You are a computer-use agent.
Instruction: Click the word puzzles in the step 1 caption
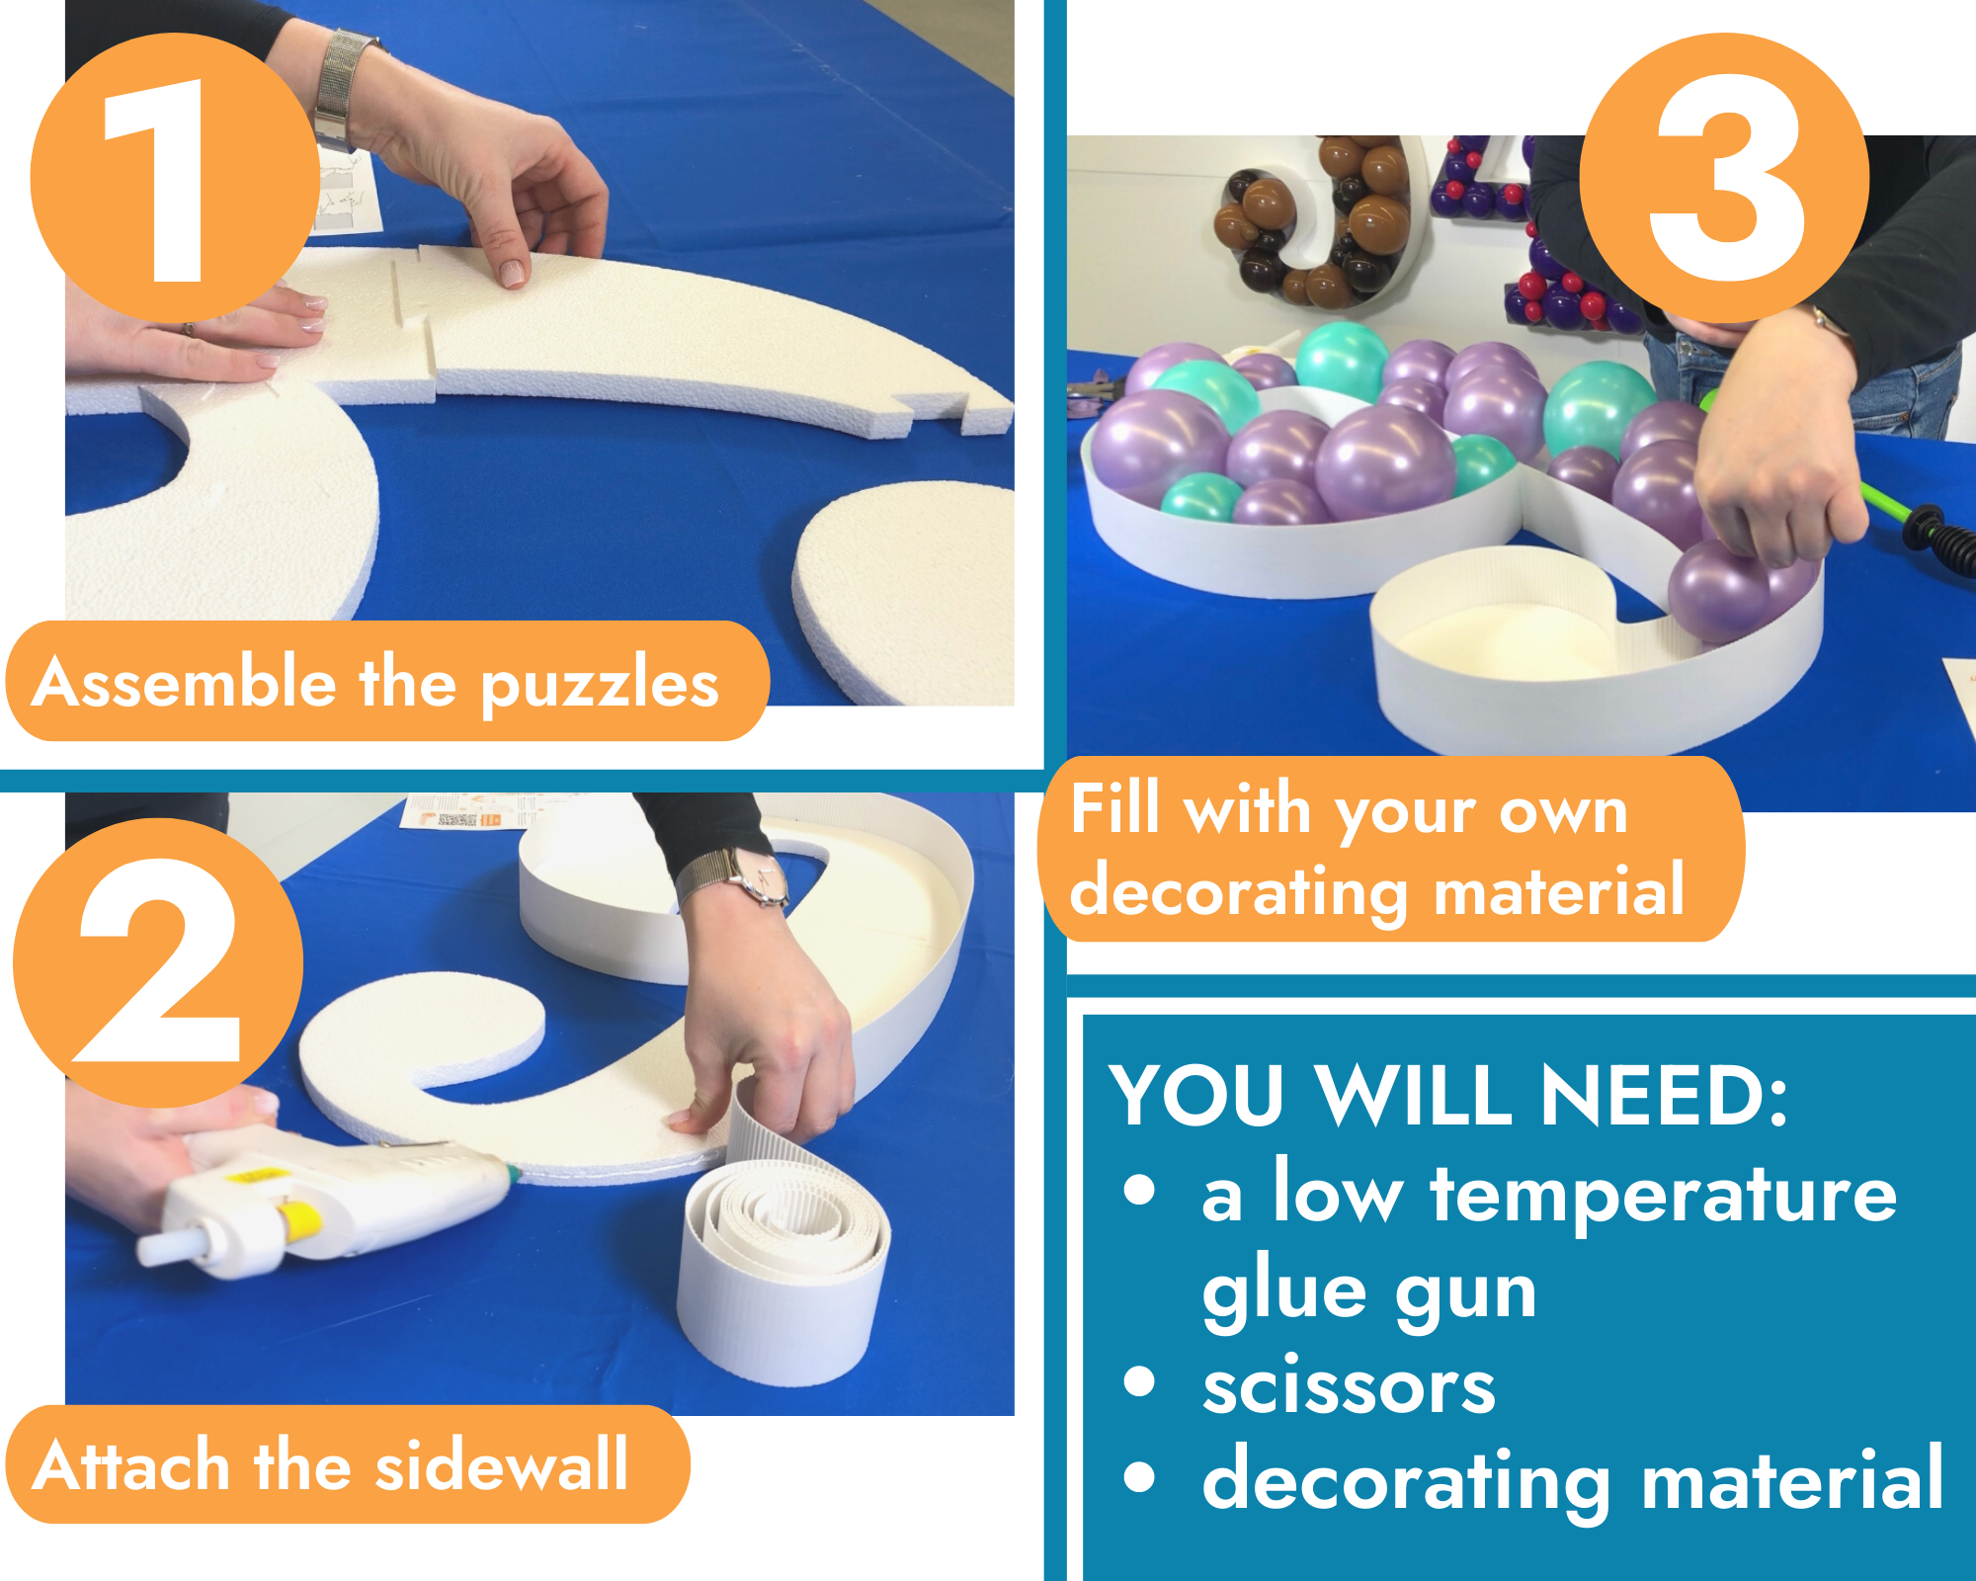coord(600,685)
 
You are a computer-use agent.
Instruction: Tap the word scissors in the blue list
coord(1349,1386)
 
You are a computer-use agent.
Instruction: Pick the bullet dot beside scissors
coord(1139,1381)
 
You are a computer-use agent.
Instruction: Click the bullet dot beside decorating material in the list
coord(1139,1476)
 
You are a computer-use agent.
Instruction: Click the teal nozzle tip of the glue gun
coord(513,1174)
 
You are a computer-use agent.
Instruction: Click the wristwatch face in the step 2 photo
coord(762,877)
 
